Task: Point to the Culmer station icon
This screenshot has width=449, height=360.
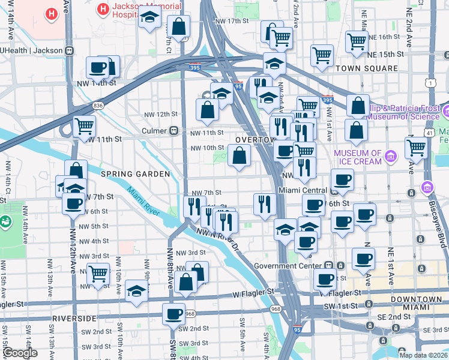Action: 175,130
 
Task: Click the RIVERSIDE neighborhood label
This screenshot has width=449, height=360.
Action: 74,317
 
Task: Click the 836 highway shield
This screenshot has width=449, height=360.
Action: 98,106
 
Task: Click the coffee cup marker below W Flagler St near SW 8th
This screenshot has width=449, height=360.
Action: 175,313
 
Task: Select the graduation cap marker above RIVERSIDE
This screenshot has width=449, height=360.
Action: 137,292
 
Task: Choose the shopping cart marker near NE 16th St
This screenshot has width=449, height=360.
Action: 357,41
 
